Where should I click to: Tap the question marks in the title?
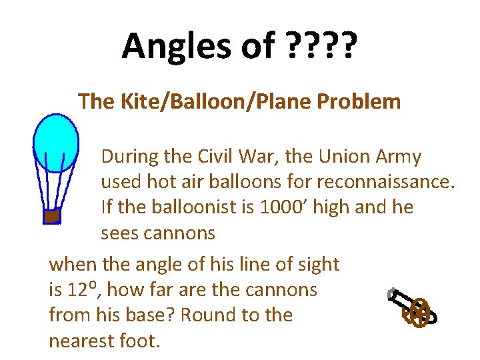[321, 45]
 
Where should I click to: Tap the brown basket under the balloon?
[52, 215]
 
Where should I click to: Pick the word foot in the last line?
[139, 341]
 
